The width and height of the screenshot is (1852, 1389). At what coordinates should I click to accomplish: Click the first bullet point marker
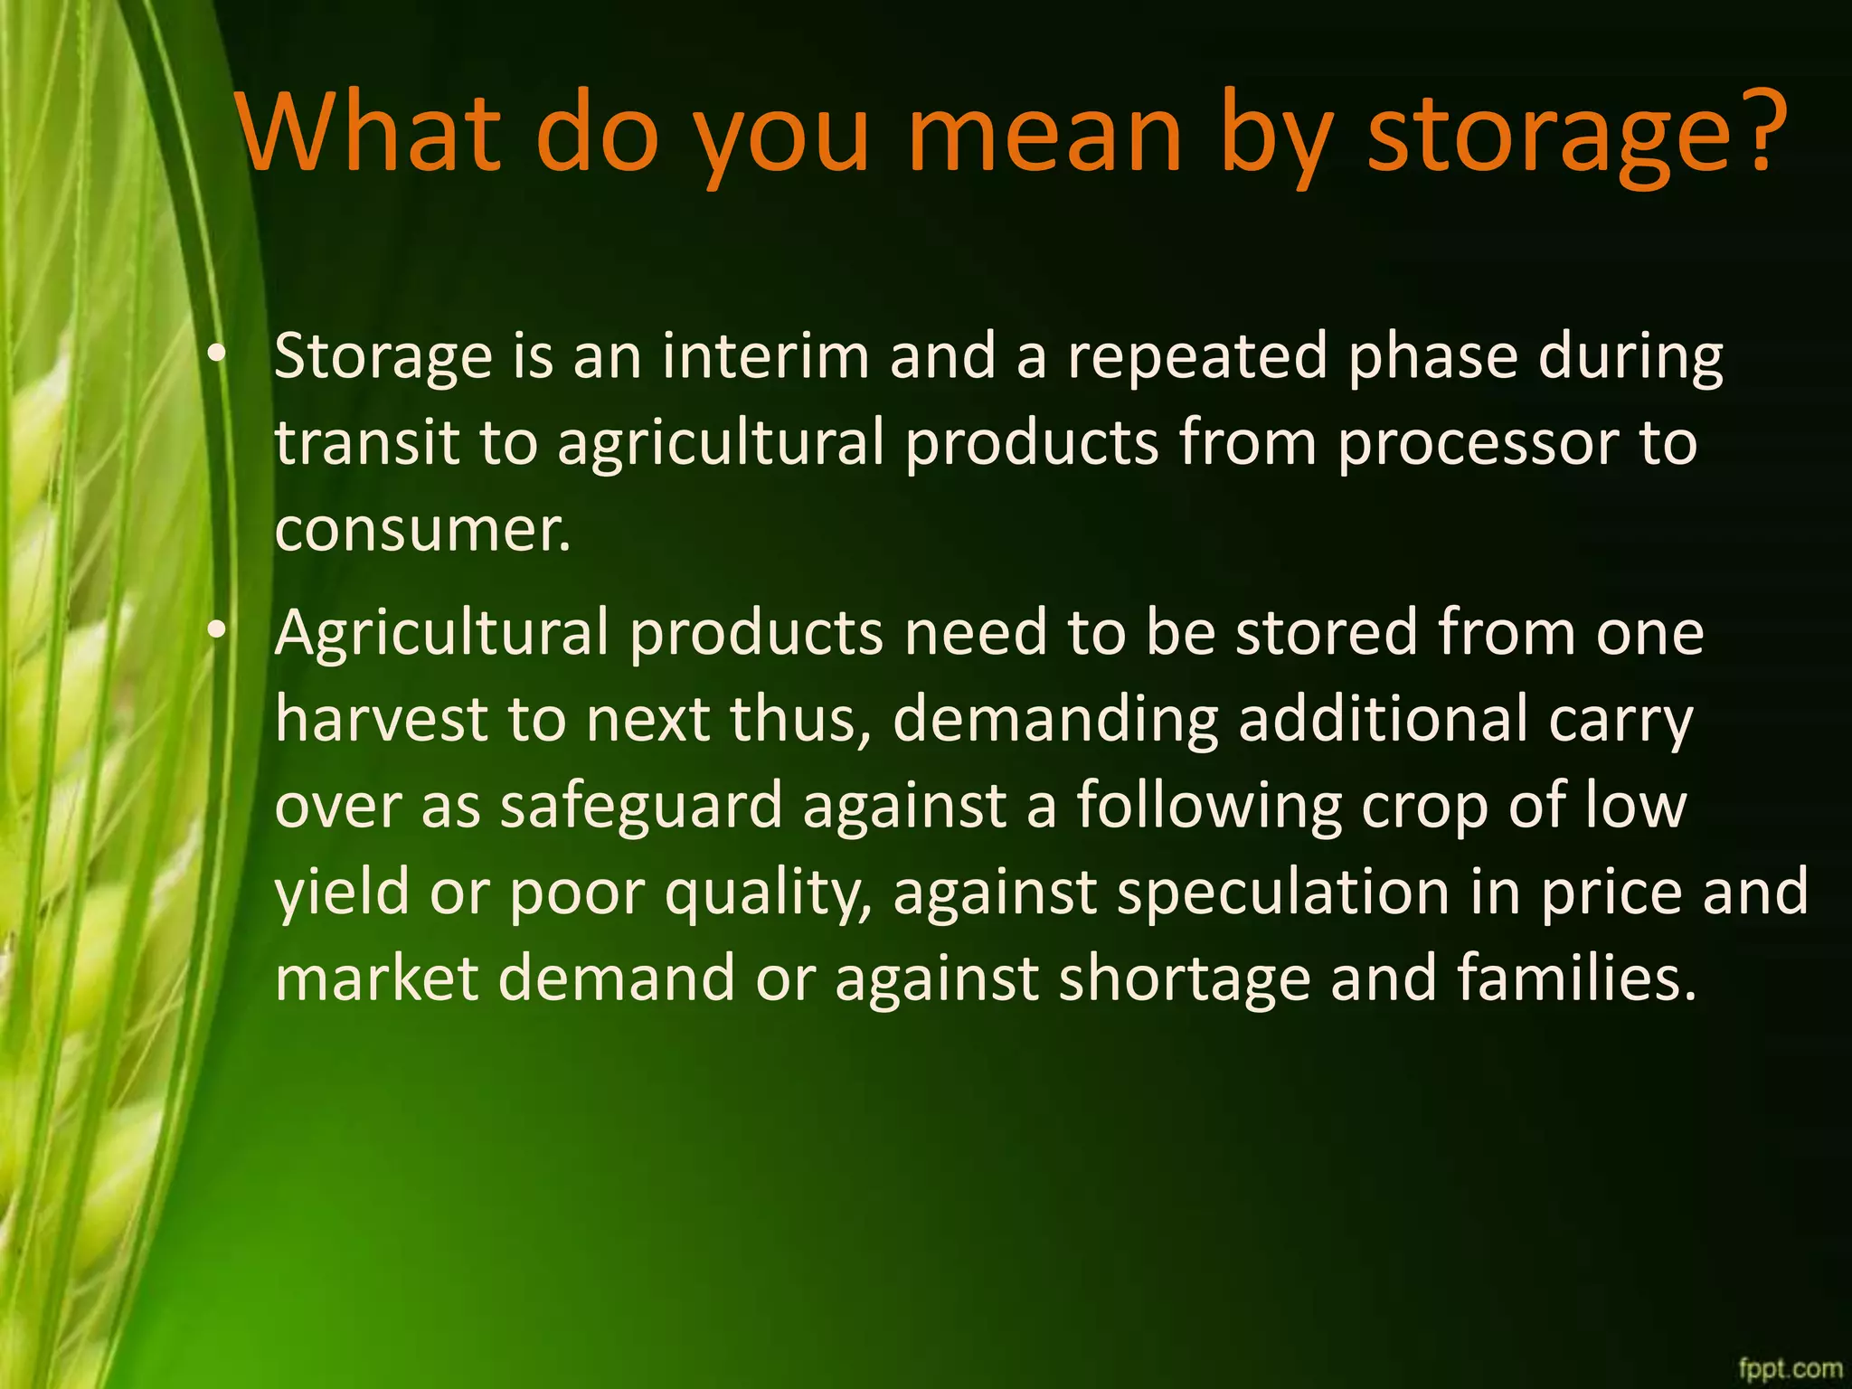click(214, 354)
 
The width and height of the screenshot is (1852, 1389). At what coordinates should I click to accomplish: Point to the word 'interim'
click(765, 355)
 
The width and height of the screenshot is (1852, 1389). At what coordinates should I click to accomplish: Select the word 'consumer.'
click(422, 530)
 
